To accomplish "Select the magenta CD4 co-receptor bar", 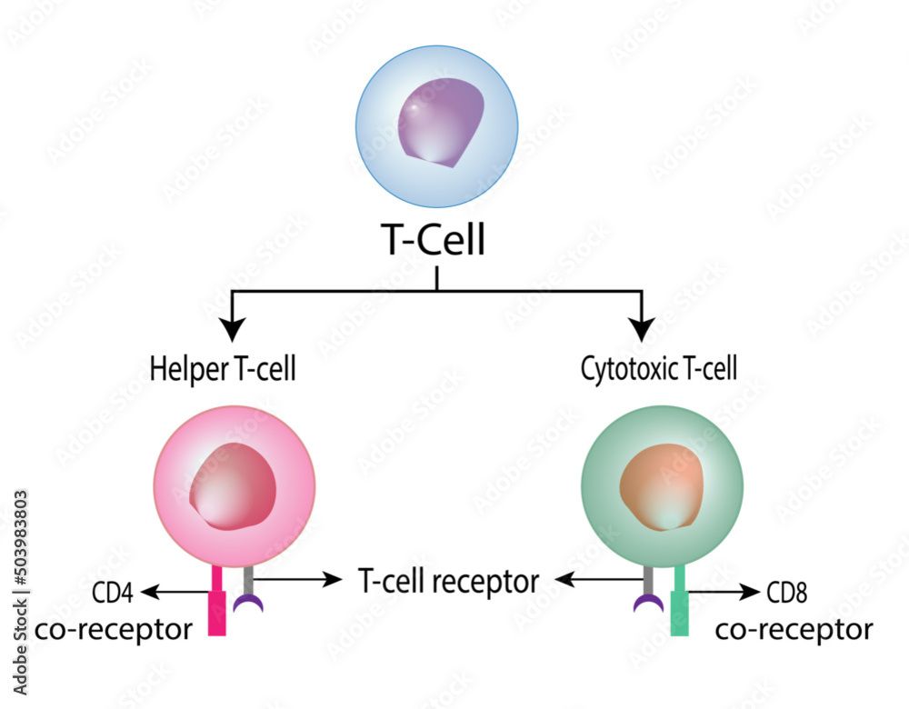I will coord(216,604).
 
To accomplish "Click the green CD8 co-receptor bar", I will coord(679,604).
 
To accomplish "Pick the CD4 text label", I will coord(114,594).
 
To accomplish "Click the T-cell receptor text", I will coord(448,580).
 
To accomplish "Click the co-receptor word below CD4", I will coord(114,629).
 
